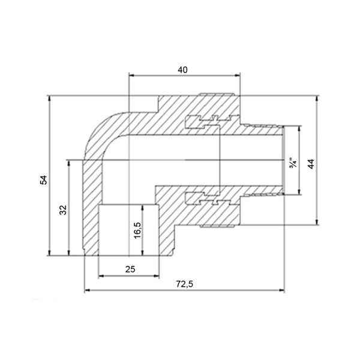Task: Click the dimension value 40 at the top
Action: [182, 70]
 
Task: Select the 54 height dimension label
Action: [43, 180]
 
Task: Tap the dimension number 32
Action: [62, 209]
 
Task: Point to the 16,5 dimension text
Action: [137, 230]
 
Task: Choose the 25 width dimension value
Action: [130, 269]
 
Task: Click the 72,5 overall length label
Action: [185, 284]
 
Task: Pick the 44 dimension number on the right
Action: [311, 164]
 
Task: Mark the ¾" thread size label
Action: [293, 163]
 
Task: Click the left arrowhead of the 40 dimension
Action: [131, 75]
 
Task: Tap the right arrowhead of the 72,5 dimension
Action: [282, 290]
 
